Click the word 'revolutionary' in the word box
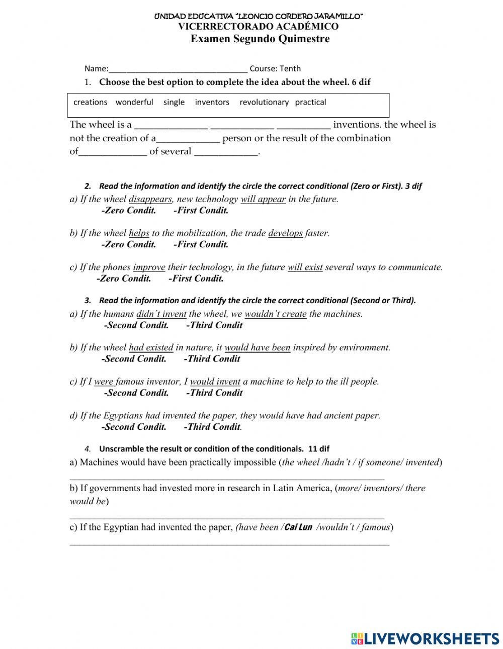click(x=264, y=102)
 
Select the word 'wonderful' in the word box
click(x=134, y=102)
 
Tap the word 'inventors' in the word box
click(x=212, y=102)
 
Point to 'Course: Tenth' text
click(x=275, y=68)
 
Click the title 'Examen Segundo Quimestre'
click(x=260, y=39)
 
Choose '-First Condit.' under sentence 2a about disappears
click(x=201, y=211)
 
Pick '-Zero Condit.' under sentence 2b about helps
click(x=128, y=245)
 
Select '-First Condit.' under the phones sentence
click(x=196, y=279)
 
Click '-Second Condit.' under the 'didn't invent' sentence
click(x=136, y=325)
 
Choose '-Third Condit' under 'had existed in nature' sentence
click(x=212, y=359)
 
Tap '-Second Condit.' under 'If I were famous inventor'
click(x=136, y=393)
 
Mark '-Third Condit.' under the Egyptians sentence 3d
click(x=212, y=427)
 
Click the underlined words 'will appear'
click(x=263, y=199)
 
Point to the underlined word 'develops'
click(x=285, y=233)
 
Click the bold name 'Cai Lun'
click(x=298, y=527)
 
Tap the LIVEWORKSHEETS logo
click(x=425, y=638)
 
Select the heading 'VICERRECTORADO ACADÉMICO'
click(x=259, y=27)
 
